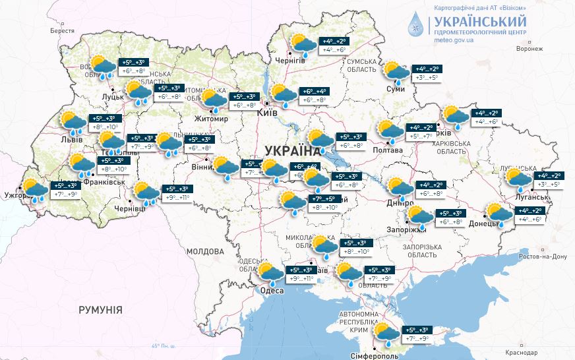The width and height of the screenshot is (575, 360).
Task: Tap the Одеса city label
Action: pyautogui.click(x=272, y=291)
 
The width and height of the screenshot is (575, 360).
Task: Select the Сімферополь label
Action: pyautogui.click(x=395, y=355)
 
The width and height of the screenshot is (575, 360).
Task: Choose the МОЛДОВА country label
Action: pyautogui.click(x=205, y=251)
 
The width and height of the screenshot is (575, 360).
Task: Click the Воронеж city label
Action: pyautogui.click(x=530, y=49)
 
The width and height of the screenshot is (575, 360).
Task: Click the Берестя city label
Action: pyautogui.click(x=63, y=31)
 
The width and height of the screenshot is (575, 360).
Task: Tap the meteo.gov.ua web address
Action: pyautogui.click(x=454, y=40)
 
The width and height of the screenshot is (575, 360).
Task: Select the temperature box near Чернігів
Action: pyautogui.click(x=333, y=45)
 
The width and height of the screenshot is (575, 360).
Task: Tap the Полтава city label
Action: pyautogui.click(x=390, y=150)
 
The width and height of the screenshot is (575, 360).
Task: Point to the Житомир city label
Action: pyautogui.click(x=211, y=119)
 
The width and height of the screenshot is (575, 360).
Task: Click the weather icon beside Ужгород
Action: pyautogui.click(x=34, y=189)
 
